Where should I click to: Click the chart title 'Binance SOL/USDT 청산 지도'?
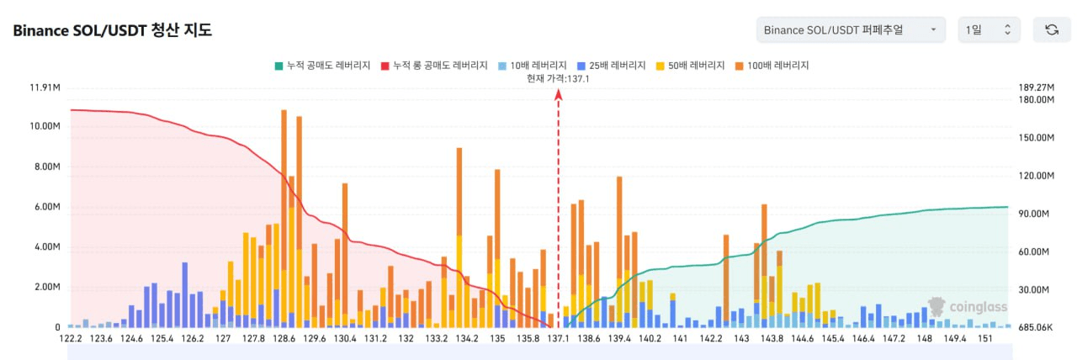pyautogui.click(x=112, y=31)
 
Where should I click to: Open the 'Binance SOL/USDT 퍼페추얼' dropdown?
pyautogui.click(x=850, y=30)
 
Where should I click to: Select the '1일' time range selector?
pyautogui.click(x=989, y=30)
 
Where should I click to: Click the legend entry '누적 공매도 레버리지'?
pyautogui.click(x=322, y=66)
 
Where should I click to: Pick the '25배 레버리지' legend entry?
pyautogui.click(x=613, y=66)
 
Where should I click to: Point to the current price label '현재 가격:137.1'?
pyautogui.click(x=558, y=78)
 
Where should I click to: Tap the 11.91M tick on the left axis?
pyautogui.click(x=44, y=87)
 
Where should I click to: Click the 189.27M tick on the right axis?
pyautogui.click(x=1036, y=87)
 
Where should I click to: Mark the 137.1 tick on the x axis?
pyautogui.click(x=558, y=339)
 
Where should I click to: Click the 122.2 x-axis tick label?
pyautogui.click(x=71, y=339)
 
